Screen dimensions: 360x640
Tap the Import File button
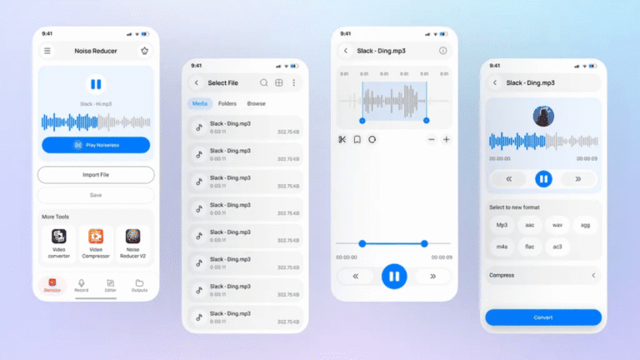(96, 175)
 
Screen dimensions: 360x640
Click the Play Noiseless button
(96, 145)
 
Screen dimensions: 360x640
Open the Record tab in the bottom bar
(82, 285)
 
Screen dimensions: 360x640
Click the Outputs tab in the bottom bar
(139, 285)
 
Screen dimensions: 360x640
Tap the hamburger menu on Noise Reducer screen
(47, 51)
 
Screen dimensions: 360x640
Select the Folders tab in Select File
(227, 103)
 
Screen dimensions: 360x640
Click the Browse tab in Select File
(256, 103)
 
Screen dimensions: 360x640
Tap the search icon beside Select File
(264, 82)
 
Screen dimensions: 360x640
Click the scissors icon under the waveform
(342, 139)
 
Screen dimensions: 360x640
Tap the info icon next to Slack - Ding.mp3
(442, 51)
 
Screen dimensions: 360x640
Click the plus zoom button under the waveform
(446, 139)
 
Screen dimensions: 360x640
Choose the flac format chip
(529, 247)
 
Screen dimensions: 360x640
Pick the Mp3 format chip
(502, 225)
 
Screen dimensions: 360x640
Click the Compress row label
(502, 275)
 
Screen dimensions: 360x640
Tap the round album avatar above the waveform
(543, 116)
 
